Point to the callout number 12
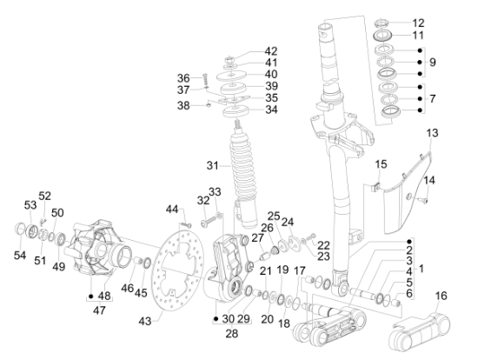[x=418, y=23]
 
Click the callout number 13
[x=433, y=133]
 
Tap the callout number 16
[x=441, y=296]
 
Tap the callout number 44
[x=172, y=209]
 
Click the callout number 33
[x=215, y=191]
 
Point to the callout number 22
[x=323, y=245]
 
